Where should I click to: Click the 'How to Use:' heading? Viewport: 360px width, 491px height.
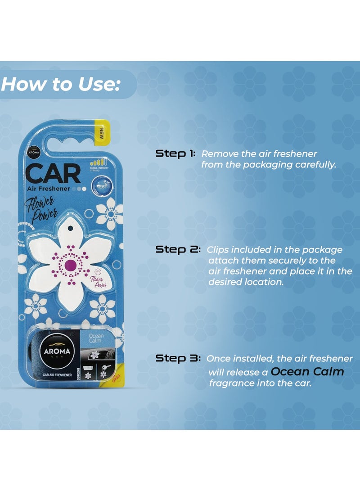60,84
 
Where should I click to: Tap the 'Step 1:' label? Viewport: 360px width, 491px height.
175,154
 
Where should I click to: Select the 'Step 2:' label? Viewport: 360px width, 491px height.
178,250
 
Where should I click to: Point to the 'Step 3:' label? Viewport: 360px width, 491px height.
178,359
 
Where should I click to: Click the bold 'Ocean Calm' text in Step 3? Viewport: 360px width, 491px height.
307,372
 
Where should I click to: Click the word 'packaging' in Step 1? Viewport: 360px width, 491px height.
268,165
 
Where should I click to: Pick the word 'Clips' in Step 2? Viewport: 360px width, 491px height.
217,250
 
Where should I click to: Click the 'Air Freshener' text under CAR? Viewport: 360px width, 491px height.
48,189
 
